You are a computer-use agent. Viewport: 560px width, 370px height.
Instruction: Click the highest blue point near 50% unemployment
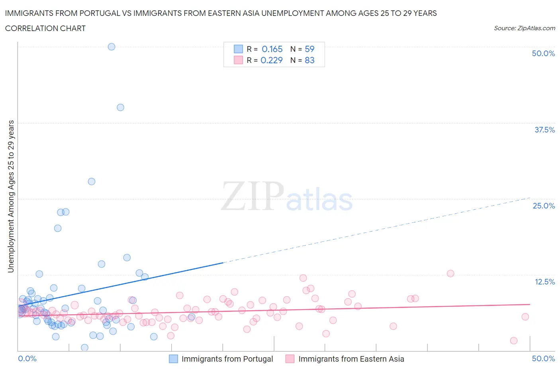pos(112,47)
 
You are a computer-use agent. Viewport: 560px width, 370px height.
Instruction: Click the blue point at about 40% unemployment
pos(120,107)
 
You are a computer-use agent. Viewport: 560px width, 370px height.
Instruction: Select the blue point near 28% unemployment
pos(92,181)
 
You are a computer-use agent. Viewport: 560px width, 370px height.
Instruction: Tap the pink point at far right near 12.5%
pos(450,273)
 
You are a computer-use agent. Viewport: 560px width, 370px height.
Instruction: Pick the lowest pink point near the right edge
pos(514,341)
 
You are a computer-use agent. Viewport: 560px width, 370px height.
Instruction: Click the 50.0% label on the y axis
pos(543,53)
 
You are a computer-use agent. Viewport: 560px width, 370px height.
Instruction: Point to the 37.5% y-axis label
pos(544,130)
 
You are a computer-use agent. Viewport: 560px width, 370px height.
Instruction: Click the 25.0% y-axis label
pos(544,206)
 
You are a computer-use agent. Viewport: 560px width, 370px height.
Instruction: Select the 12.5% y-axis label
pos(544,282)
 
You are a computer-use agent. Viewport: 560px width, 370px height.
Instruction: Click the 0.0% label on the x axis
pos(27,358)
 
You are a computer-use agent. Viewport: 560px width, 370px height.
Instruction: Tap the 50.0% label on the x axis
pos(543,358)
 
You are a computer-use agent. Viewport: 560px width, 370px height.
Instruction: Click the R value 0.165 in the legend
pos(272,49)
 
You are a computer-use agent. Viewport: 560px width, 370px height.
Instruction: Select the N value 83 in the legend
pos(309,60)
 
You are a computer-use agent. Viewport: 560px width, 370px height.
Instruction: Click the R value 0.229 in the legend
pos(272,60)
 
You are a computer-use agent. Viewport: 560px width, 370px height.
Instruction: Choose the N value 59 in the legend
pos(309,49)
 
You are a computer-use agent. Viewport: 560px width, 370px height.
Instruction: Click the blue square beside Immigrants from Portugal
pos(173,359)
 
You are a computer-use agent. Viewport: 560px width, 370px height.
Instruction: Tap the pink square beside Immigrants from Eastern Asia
pos(290,359)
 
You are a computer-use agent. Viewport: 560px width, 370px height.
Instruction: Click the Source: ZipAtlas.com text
pos(524,28)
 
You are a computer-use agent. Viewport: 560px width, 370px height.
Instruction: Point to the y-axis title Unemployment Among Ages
pos(11,197)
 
